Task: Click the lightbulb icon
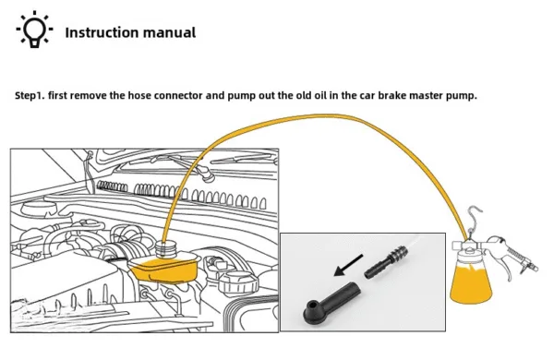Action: [34, 30]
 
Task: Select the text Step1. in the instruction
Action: [30, 96]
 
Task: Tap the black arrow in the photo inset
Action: [348, 265]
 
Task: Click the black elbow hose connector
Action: [331, 304]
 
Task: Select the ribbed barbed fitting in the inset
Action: [386, 262]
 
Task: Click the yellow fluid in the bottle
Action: [471, 284]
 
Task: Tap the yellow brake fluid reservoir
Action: [164, 270]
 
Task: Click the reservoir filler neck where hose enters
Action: [165, 248]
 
